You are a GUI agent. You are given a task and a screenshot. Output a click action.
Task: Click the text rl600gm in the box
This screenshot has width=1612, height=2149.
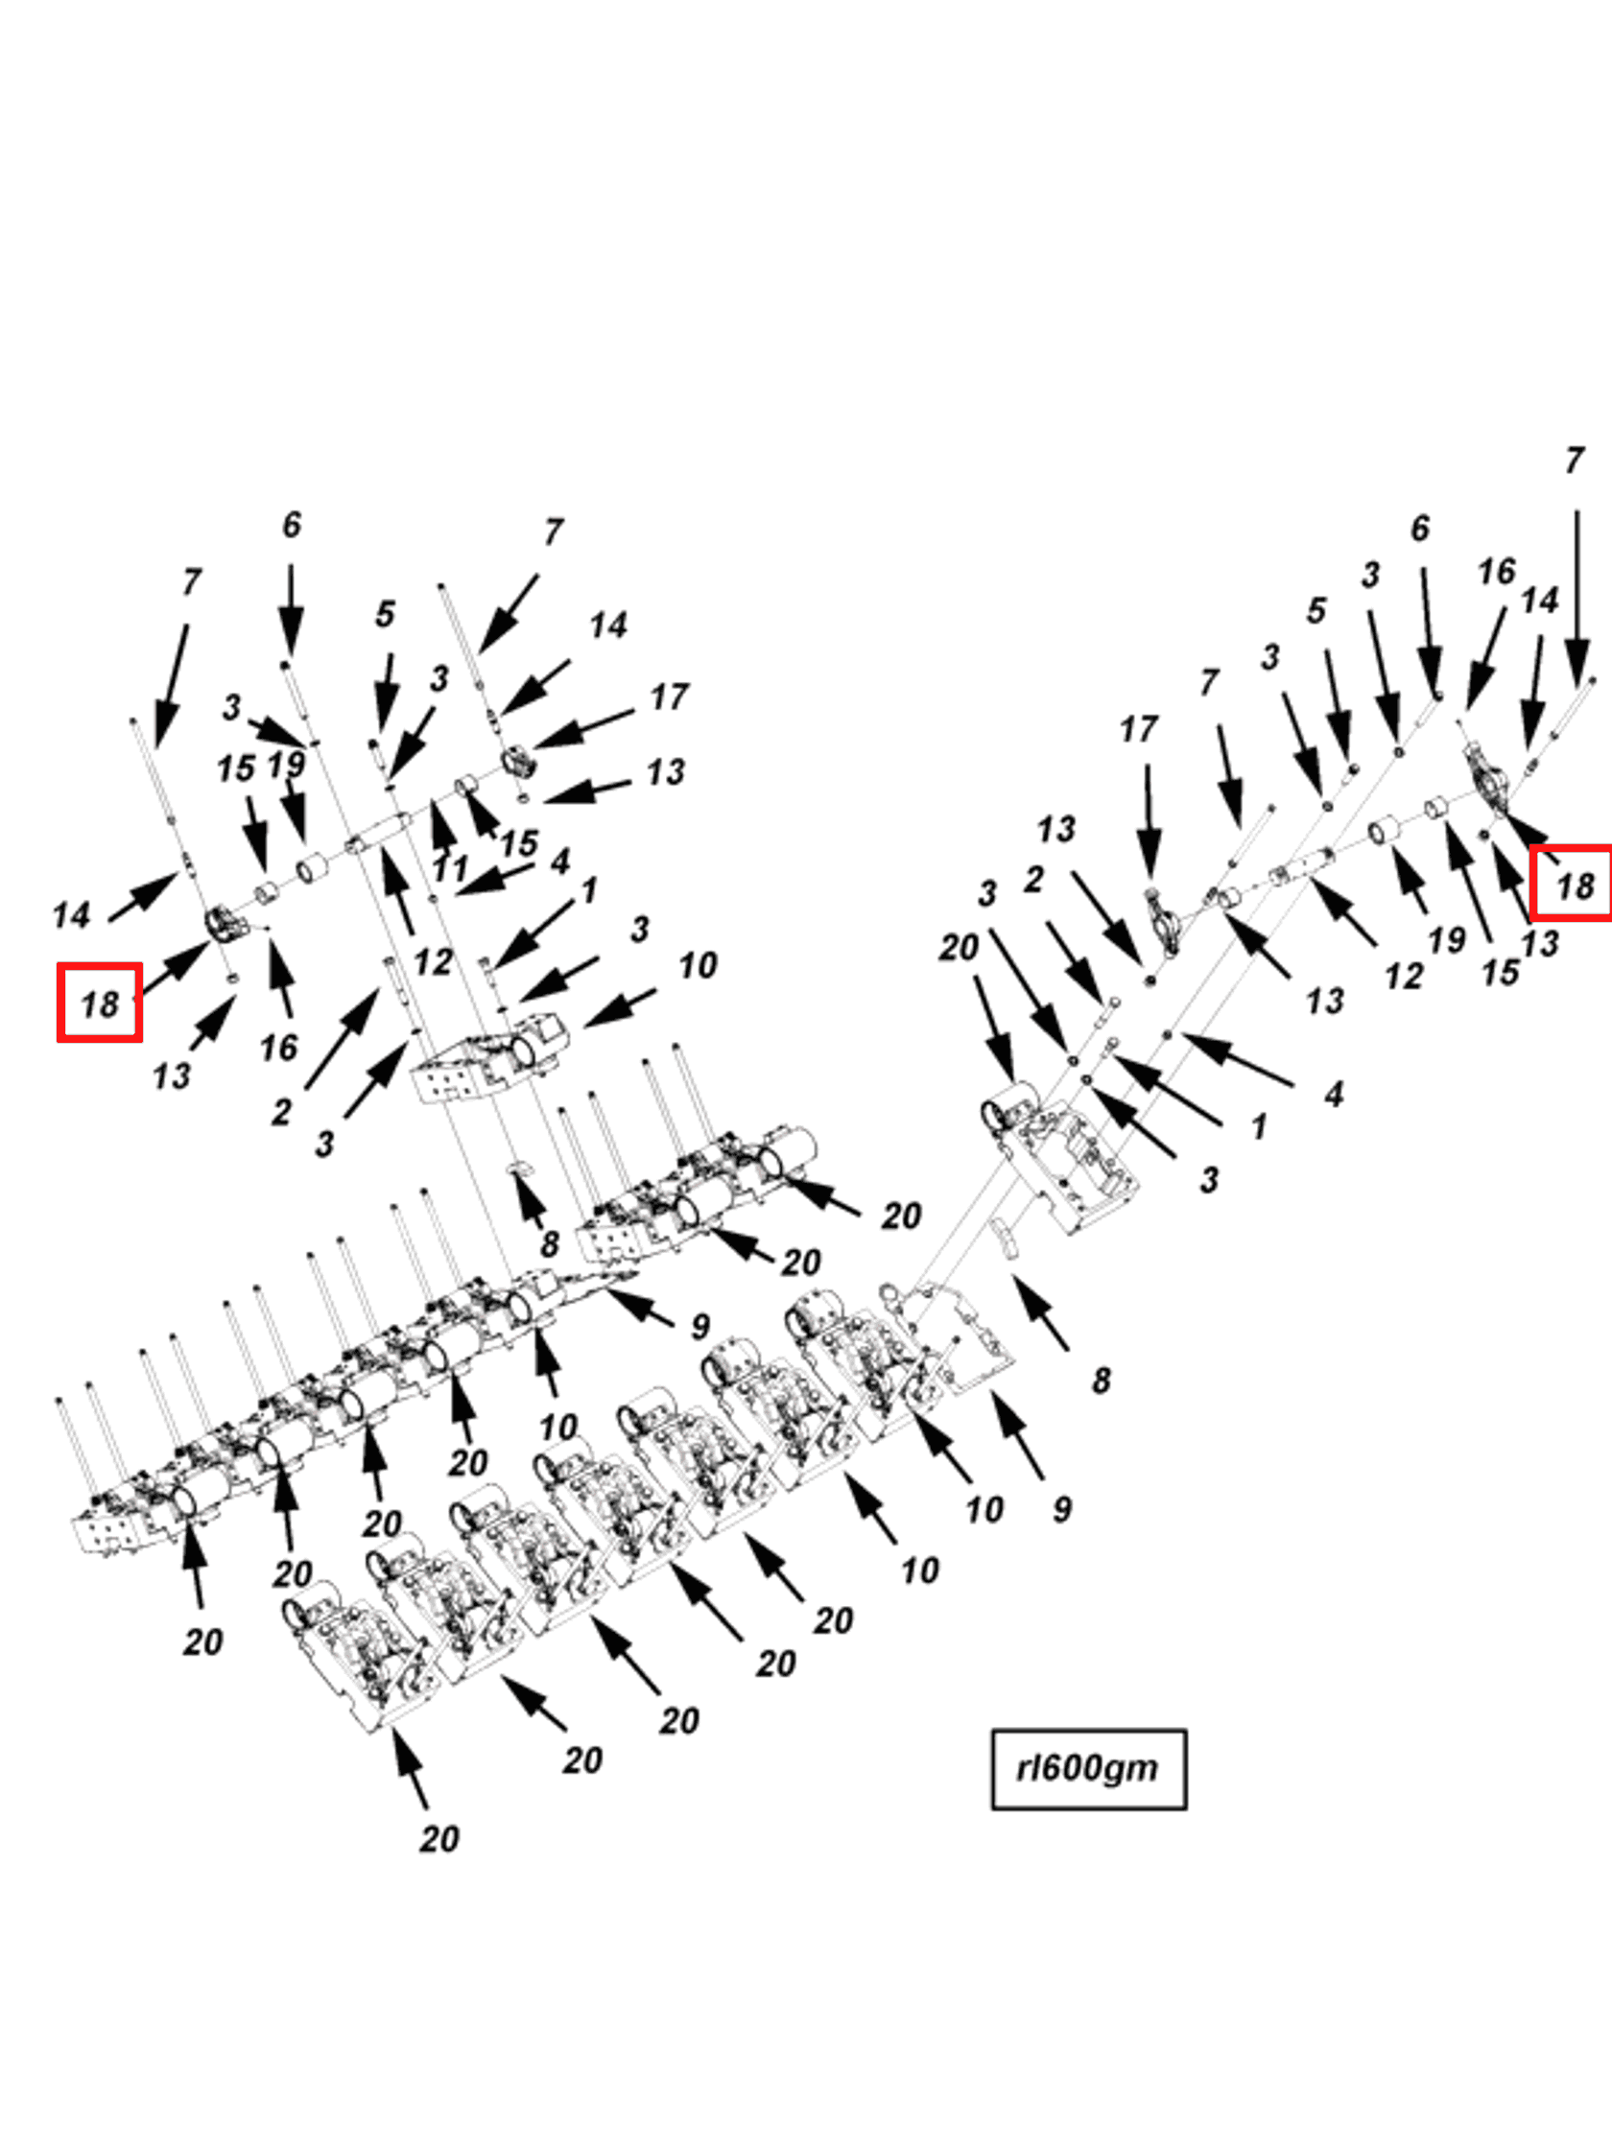click(x=1087, y=1768)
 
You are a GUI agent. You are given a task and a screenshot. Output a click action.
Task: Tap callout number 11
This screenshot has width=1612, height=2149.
click(x=450, y=868)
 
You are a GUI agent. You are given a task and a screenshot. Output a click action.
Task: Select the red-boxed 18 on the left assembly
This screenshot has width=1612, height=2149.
click(x=100, y=1004)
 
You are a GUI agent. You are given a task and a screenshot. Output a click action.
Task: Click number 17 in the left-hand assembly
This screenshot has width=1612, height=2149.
click(x=669, y=697)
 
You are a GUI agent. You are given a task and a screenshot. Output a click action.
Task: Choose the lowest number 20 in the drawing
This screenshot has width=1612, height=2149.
click(x=439, y=1839)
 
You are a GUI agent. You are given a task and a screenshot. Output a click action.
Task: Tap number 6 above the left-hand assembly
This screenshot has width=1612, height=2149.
click(x=292, y=526)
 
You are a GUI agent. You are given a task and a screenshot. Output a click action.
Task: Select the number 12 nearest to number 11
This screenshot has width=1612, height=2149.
click(x=433, y=962)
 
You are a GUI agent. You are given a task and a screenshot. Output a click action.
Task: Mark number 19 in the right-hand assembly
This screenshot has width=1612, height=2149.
click(x=1446, y=940)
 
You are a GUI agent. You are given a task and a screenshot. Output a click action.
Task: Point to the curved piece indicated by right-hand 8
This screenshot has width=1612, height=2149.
click(x=1006, y=1240)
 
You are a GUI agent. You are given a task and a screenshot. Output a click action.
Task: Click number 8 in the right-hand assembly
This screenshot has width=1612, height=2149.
click(x=1100, y=1381)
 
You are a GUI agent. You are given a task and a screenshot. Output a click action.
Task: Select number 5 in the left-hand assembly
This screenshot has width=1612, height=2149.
click(x=385, y=614)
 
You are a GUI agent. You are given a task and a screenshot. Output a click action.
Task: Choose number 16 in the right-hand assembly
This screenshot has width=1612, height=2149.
click(x=1496, y=571)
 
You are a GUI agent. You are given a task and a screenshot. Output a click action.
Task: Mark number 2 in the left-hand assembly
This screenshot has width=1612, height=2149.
click(x=281, y=1111)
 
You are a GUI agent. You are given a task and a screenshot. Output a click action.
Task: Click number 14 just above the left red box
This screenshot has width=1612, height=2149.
click(x=71, y=915)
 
